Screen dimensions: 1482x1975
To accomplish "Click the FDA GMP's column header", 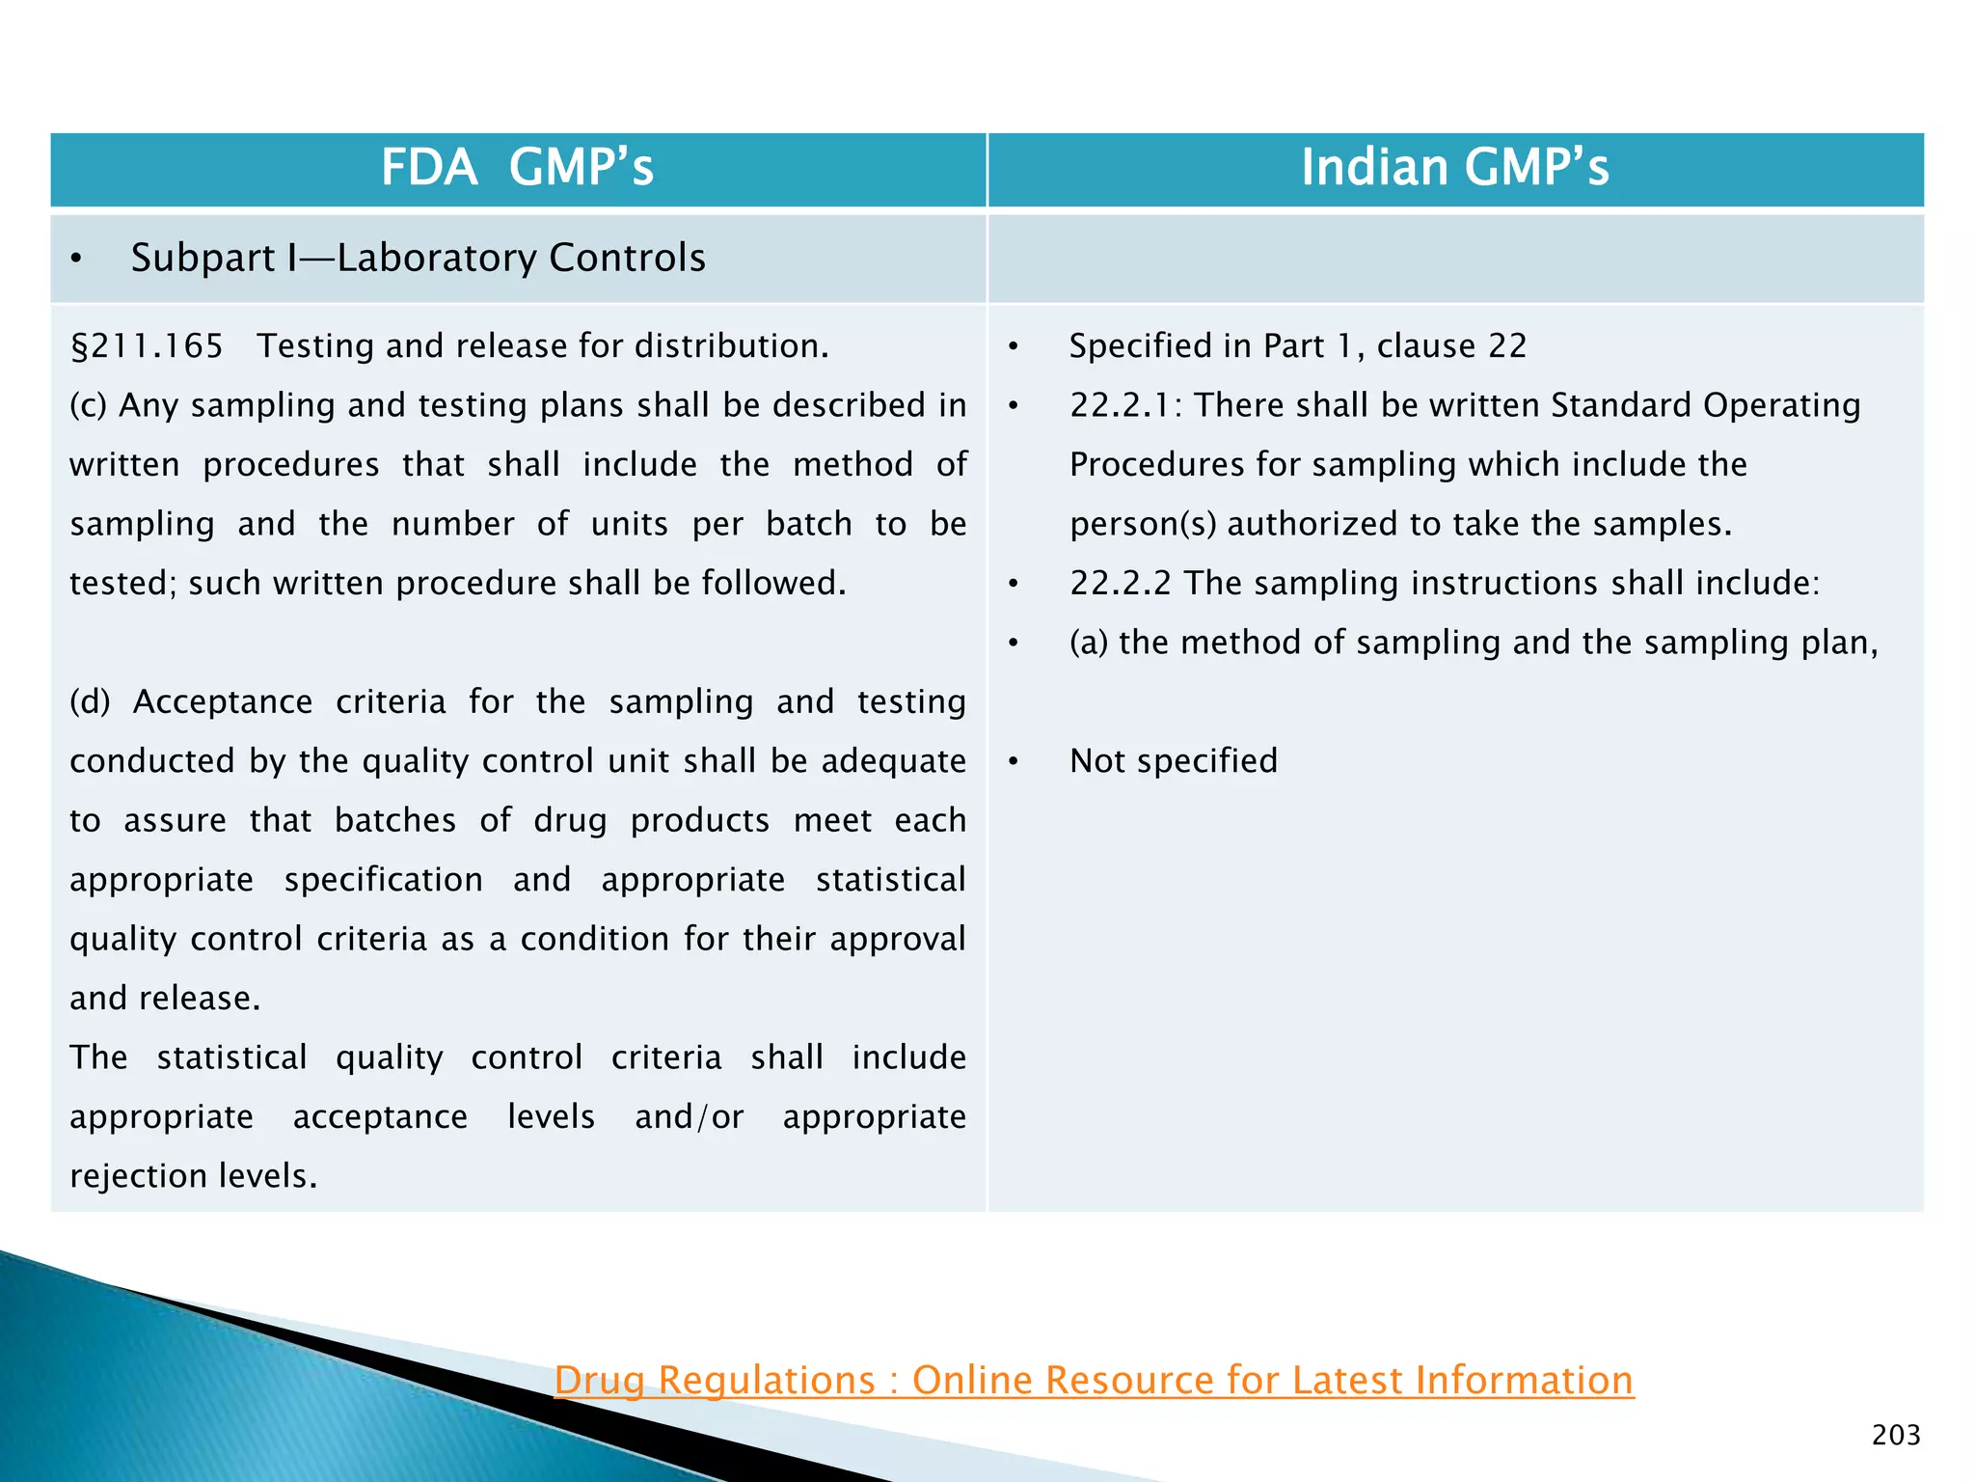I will point(517,168).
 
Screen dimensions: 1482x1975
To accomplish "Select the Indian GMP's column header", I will point(1454,168).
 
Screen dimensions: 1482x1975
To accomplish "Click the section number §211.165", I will point(147,346).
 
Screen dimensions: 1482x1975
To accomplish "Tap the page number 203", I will point(1895,1435).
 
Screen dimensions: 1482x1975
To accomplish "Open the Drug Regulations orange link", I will point(1094,1380).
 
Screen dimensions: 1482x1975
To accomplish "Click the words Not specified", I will point(1173,761).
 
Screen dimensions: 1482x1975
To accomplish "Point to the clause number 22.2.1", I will point(1122,405).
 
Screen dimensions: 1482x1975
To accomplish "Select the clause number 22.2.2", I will point(1120,583).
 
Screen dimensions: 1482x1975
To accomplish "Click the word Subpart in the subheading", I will point(203,259).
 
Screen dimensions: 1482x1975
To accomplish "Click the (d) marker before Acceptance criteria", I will point(90,702).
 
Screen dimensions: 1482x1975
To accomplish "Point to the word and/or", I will point(689,1117).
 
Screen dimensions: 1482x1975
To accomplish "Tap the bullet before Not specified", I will point(1013,762).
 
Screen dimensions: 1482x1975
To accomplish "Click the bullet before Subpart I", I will point(76,260).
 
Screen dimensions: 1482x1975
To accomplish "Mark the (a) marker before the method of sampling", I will point(1088,643).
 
